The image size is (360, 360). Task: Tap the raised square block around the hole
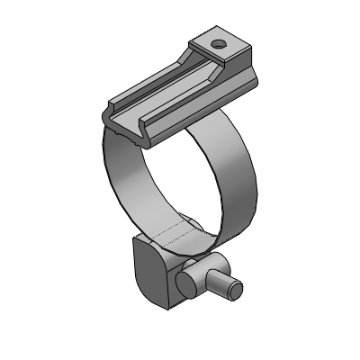pyautogui.click(x=230, y=49)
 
